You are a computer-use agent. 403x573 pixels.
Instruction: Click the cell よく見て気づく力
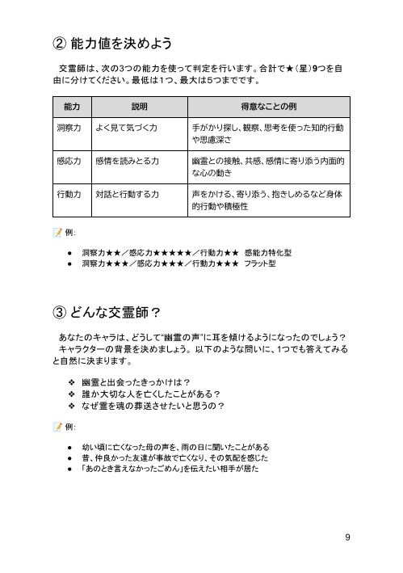pyautogui.click(x=126, y=128)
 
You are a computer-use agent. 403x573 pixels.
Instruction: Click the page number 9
pyautogui.click(x=346, y=537)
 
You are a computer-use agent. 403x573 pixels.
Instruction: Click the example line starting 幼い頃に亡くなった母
pyautogui.click(x=174, y=446)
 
